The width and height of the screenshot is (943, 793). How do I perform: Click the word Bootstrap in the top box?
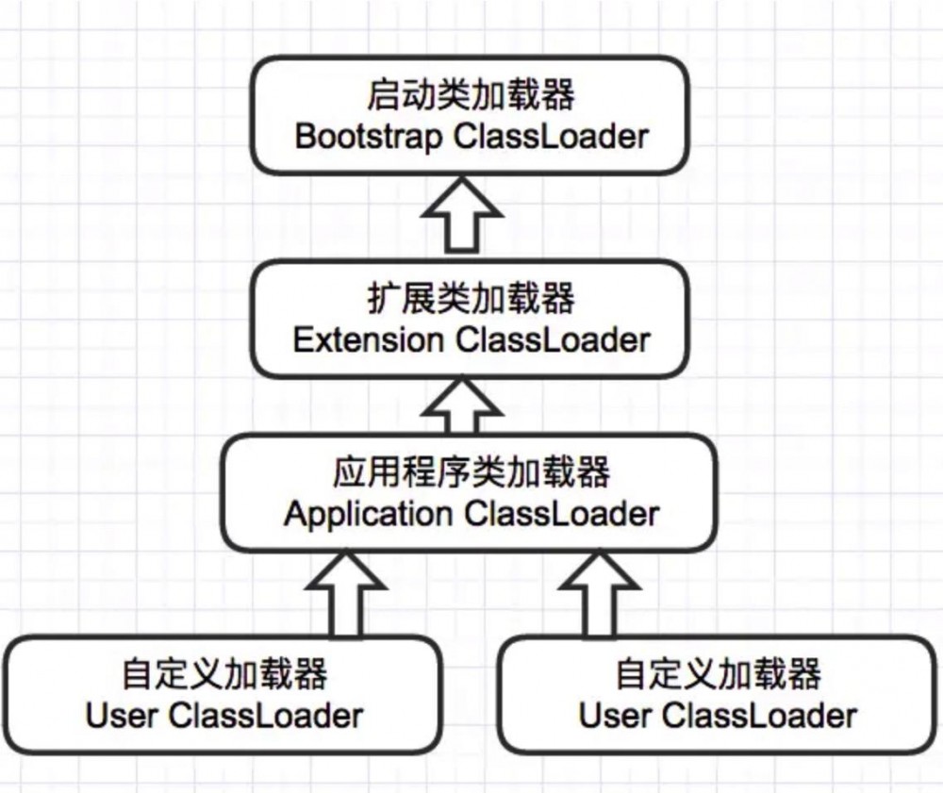pos(368,137)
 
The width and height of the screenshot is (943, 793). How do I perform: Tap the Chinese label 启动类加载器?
pos(471,96)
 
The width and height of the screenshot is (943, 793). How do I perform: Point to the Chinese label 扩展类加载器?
pos(471,300)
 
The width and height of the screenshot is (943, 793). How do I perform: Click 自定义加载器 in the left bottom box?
pos(224,675)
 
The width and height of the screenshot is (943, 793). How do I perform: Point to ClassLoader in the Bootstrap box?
pos(551,137)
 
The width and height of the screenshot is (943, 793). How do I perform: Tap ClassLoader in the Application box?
pos(562,514)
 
